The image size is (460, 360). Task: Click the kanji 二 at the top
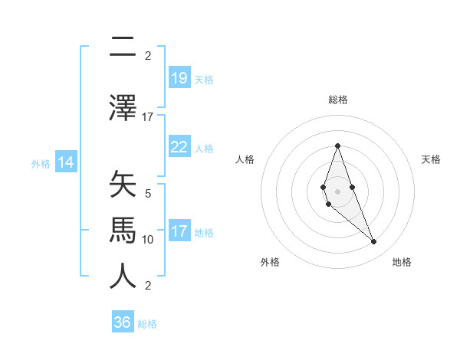[123, 47]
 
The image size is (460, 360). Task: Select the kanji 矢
[123, 185]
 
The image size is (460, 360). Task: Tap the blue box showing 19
[179, 78]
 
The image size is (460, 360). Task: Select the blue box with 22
[179, 147]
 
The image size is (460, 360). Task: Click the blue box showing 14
[66, 162]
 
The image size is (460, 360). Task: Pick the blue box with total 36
[123, 322]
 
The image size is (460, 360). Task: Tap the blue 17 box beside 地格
[179, 231]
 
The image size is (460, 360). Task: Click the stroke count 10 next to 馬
[148, 240]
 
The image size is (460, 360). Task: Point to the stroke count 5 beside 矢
[148, 194]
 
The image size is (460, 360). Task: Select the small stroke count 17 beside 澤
[148, 117]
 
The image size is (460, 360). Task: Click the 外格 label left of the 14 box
[41, 163]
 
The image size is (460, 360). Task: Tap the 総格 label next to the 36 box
[147, 323]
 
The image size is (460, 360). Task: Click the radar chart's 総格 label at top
[337, 100]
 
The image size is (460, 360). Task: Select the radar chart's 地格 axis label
[402, 262]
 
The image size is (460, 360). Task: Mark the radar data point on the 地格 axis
[373, 242]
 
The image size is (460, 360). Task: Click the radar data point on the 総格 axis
[337, 146]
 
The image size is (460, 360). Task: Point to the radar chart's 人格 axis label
[245, 159]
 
